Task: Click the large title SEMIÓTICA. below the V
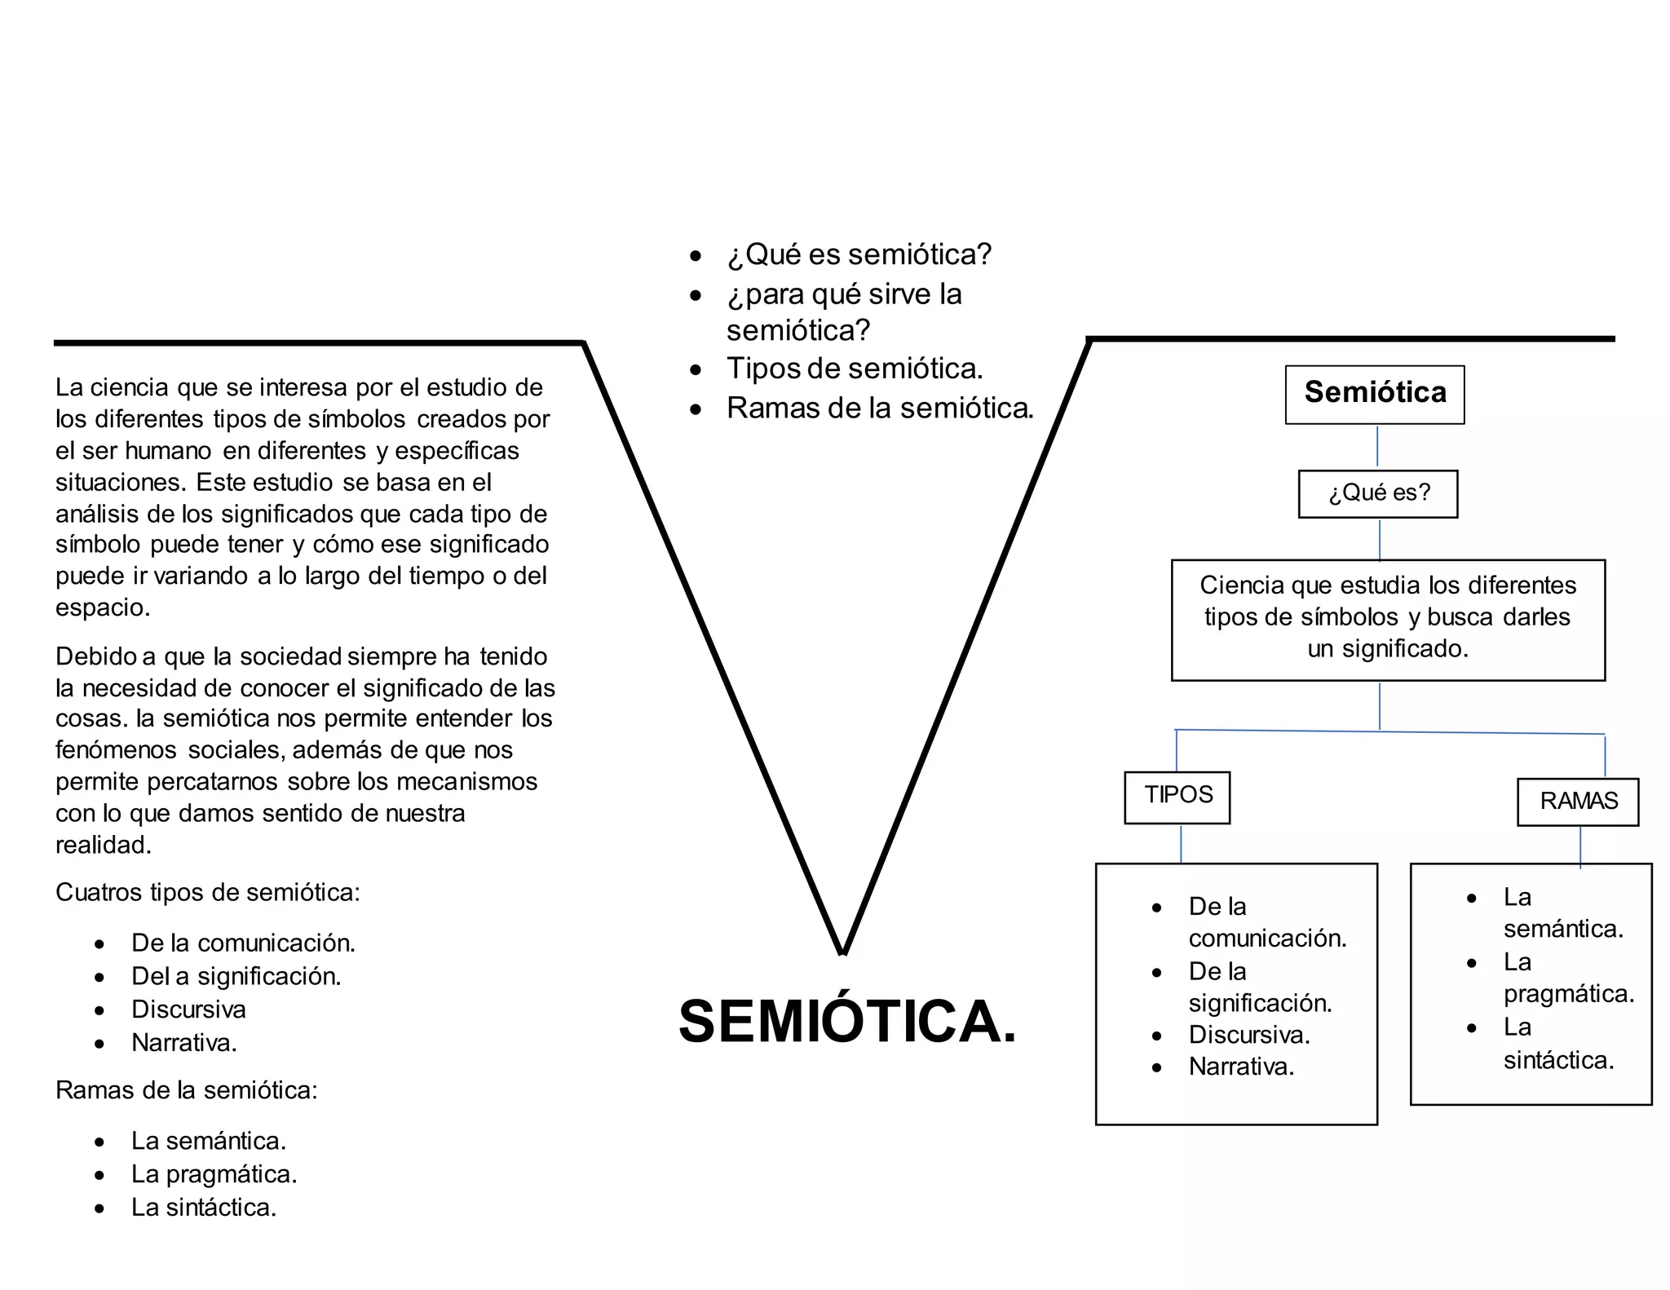(x=847, y=1022)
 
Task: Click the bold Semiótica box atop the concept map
(x=1375, y=393)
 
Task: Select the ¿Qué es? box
(x=1378, y=493)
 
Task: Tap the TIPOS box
(x=1177, y=796)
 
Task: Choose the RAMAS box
(x=1578, y=802)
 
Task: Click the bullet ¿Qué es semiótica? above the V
(x=859, y=254)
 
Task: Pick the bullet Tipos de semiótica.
(x=854, y=369)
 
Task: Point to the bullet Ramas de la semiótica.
(x=880, y=408)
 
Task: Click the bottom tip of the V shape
(x=842, y=949)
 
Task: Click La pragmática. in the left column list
(x=214, y=1174)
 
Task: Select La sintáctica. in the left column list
(x=204, y=1208)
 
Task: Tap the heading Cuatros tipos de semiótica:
(x=207, y=893)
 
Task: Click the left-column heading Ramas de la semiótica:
(x=186, y=1090)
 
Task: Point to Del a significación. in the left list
(x=236, y=976)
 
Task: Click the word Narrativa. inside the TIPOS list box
(x=1241, y=1067)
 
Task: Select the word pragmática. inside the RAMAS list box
(x=1569, y=994)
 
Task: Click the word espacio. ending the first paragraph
(x=103, y=607)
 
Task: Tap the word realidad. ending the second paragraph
(x=104, y=845)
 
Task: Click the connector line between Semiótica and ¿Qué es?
(x=1377, y=446)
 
